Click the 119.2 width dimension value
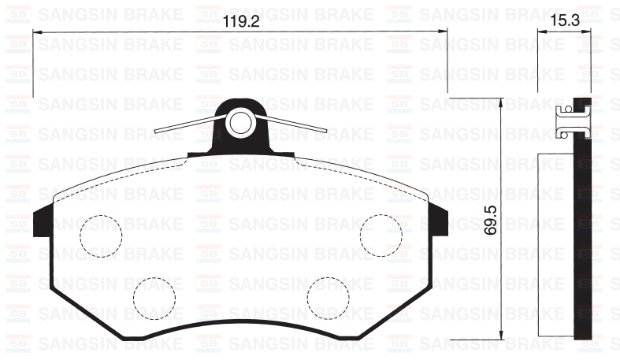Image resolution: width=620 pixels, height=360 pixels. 240,22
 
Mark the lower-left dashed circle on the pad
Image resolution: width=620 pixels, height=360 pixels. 154,297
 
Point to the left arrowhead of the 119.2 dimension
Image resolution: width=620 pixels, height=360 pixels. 37,32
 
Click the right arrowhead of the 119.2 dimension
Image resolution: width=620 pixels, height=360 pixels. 444,32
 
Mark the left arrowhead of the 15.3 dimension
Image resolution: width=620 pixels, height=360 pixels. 541,32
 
